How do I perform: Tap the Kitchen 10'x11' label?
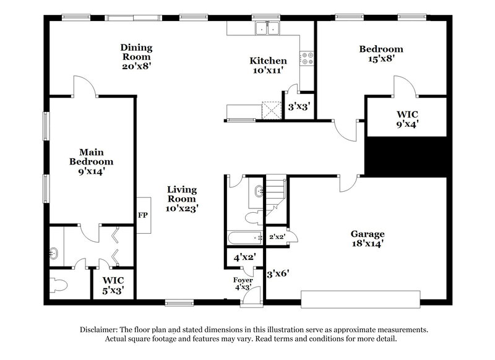pos(268,66)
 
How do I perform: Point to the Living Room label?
pos(182,199)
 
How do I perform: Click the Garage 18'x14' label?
pos(368,239)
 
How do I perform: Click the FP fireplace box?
pos(143,216)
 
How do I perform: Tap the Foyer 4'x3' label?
pos(238,283)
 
